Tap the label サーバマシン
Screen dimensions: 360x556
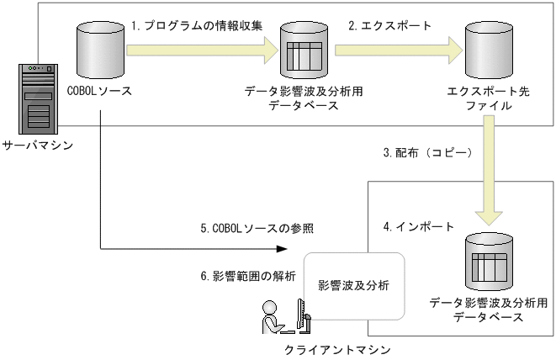[37, 146]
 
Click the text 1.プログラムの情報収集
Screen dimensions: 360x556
[196, 25]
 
